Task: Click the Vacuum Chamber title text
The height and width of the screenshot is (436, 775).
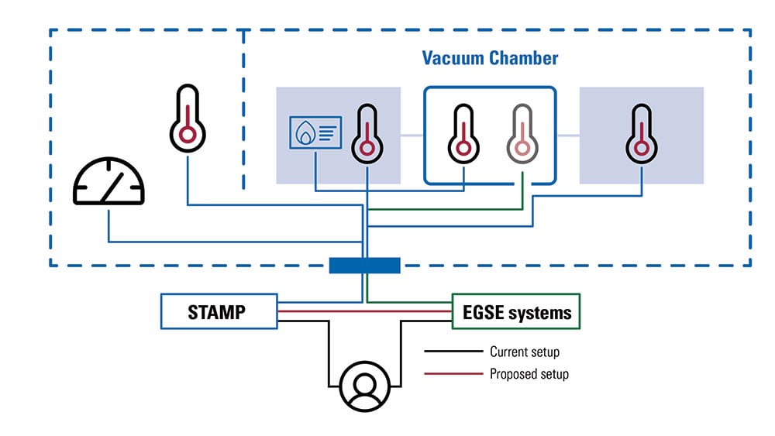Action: (x=490, y=58)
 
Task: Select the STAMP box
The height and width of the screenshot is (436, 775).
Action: (x=218, y=312)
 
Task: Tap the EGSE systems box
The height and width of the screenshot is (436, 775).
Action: (x=515, y=312)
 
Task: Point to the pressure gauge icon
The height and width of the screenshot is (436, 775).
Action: (x=108, y=182)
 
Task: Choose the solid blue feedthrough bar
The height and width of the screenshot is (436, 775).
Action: (x=364, y=266)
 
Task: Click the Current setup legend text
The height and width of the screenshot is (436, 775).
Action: (x=525, y=352)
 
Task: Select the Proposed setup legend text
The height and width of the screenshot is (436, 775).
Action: (x=529, y=374)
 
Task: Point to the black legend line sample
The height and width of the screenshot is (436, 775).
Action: (x=451, y=352)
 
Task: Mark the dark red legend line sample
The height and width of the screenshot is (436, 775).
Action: (x=451, y=374)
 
